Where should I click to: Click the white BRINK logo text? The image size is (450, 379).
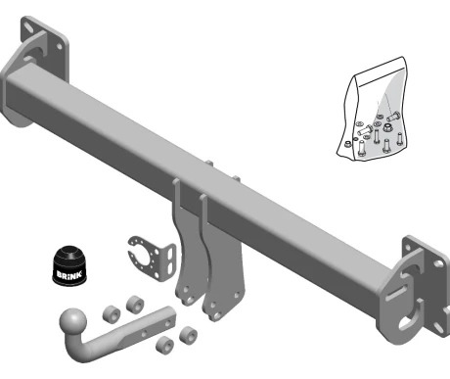point(69,274)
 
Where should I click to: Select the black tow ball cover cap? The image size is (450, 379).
point(69,264)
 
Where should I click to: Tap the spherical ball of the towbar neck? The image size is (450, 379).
point(73,321)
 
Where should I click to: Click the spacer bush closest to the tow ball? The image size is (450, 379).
point(112,313)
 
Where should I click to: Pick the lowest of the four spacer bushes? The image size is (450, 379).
point(164,344)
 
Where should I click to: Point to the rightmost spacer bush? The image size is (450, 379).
point(188,334)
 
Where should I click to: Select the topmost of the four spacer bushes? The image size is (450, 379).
point(135,304)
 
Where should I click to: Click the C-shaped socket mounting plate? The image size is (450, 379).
point(152,258)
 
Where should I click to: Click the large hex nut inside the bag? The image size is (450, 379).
point(387,127)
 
